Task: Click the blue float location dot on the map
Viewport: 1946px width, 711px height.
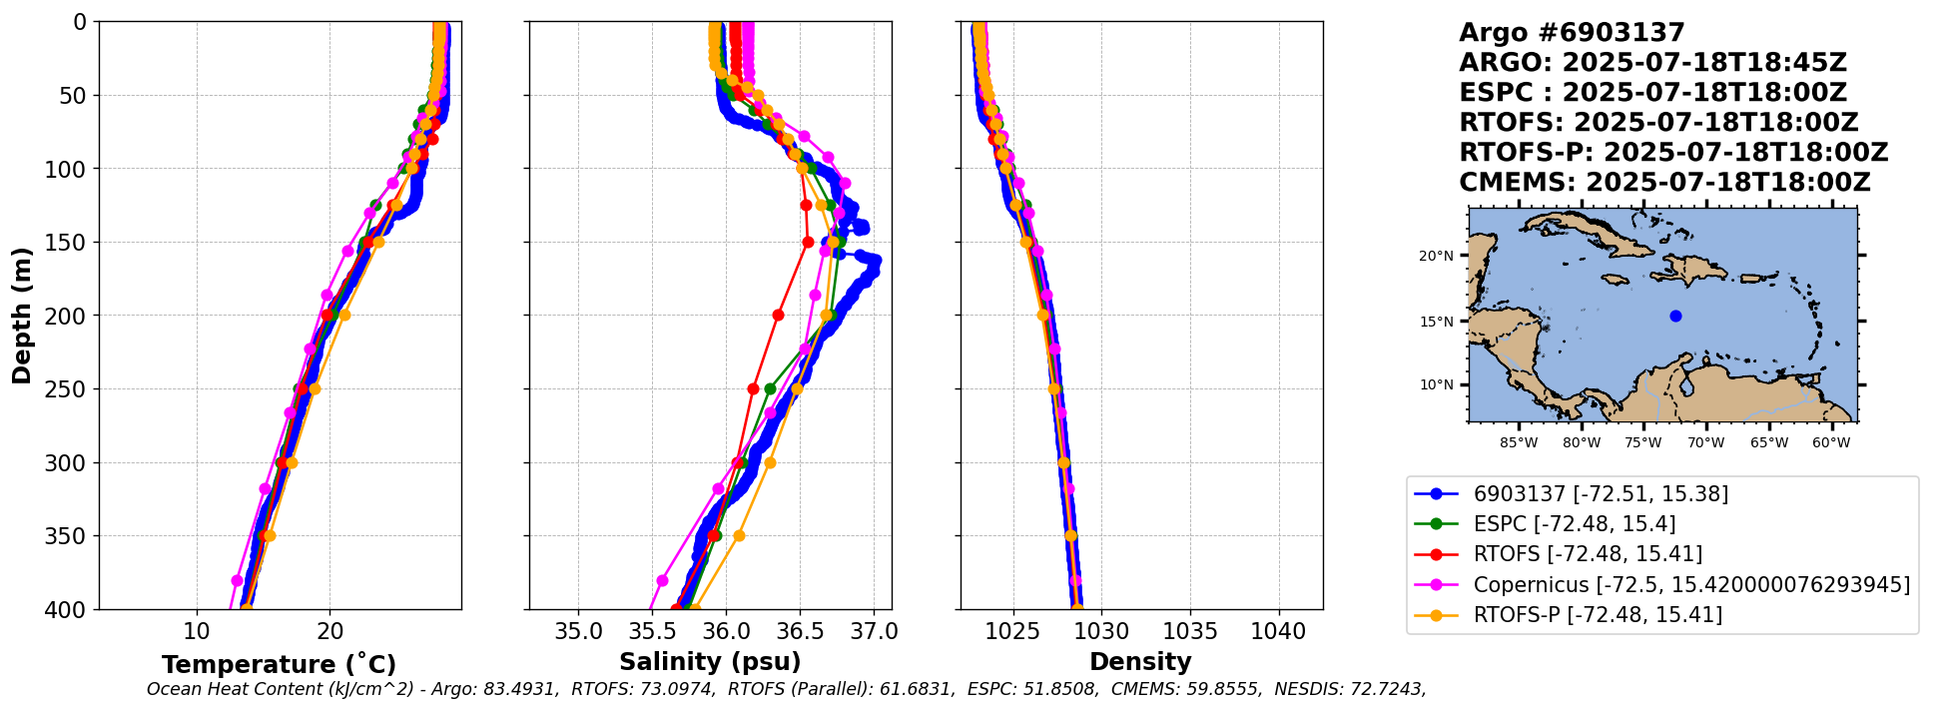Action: tap(1675, 316)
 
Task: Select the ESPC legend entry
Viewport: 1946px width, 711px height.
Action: tap(1574, 523)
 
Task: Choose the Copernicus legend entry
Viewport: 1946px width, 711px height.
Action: tap(1690, 584)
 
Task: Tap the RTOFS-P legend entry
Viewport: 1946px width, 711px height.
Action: tap(1597, 614)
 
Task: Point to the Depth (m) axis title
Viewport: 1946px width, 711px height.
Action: tap(22, 316)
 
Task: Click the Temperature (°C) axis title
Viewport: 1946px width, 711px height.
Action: tap(280, 664)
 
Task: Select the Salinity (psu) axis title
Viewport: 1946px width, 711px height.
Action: tap(710, 662)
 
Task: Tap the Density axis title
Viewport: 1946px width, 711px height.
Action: tap(1140, 662)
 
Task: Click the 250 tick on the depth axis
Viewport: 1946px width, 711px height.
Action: tap(70, 388)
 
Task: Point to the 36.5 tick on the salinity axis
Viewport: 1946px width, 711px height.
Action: tap(800, 631)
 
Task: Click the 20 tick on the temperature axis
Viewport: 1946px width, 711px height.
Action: tap(330, 631)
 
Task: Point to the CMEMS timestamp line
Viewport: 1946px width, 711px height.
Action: tap(1664, 183)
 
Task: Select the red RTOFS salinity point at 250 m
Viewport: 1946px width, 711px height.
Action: tap(753, 388)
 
